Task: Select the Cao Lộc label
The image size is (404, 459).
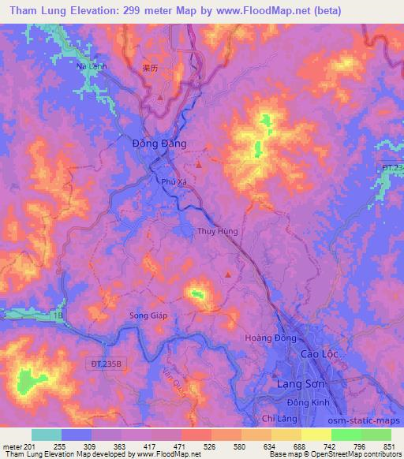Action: coord(319,354)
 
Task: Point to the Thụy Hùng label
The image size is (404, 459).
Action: coord(216,232)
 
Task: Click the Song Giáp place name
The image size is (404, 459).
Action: coord(148,315)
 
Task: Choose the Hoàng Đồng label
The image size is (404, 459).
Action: coord(271,338)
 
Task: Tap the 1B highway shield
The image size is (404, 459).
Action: coord(58,315)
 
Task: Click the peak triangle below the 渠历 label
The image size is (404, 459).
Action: coord(161,99)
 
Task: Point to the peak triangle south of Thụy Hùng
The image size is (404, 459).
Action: coord(229,274)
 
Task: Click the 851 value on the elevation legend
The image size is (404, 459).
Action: coord(389,446)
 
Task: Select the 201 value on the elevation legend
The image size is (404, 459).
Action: coord(32,446)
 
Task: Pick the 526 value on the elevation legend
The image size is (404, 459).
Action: coord(210,446)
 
